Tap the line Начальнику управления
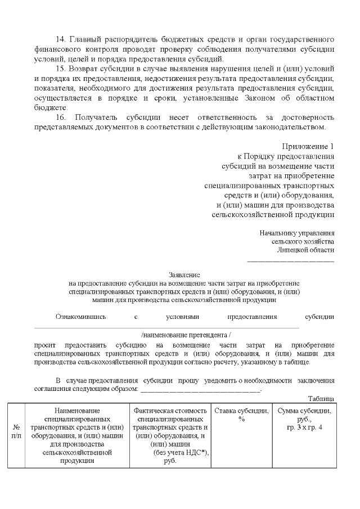[x=297, y=233]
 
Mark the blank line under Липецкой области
[x=291, y=260]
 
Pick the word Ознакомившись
[x=80, y=317]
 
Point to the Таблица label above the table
[x=323, y=398]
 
